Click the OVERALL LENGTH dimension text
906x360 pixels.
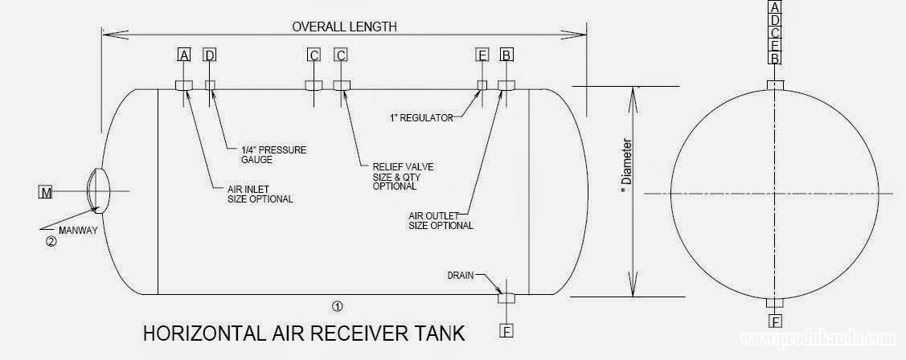click(x=344, y=27)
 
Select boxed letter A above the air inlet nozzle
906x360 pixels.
click(x=184, y=55)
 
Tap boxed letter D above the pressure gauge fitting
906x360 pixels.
click(x=210, y=55)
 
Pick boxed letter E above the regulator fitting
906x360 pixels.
click(x=482, y=55)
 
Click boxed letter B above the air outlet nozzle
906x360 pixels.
click(x=506, y=55)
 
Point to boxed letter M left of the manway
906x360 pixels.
click(x=46, y=192)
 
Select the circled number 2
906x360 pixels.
click(x=51, y=239)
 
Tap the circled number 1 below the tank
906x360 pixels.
click(x=338, y=305)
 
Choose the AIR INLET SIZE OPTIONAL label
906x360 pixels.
click(x=260, y=194)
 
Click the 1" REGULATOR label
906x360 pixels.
click(x=419, y=118)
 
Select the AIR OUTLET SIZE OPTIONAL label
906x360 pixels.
click(x=440, y=220)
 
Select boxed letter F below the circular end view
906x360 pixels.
click(x=775, y=322)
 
